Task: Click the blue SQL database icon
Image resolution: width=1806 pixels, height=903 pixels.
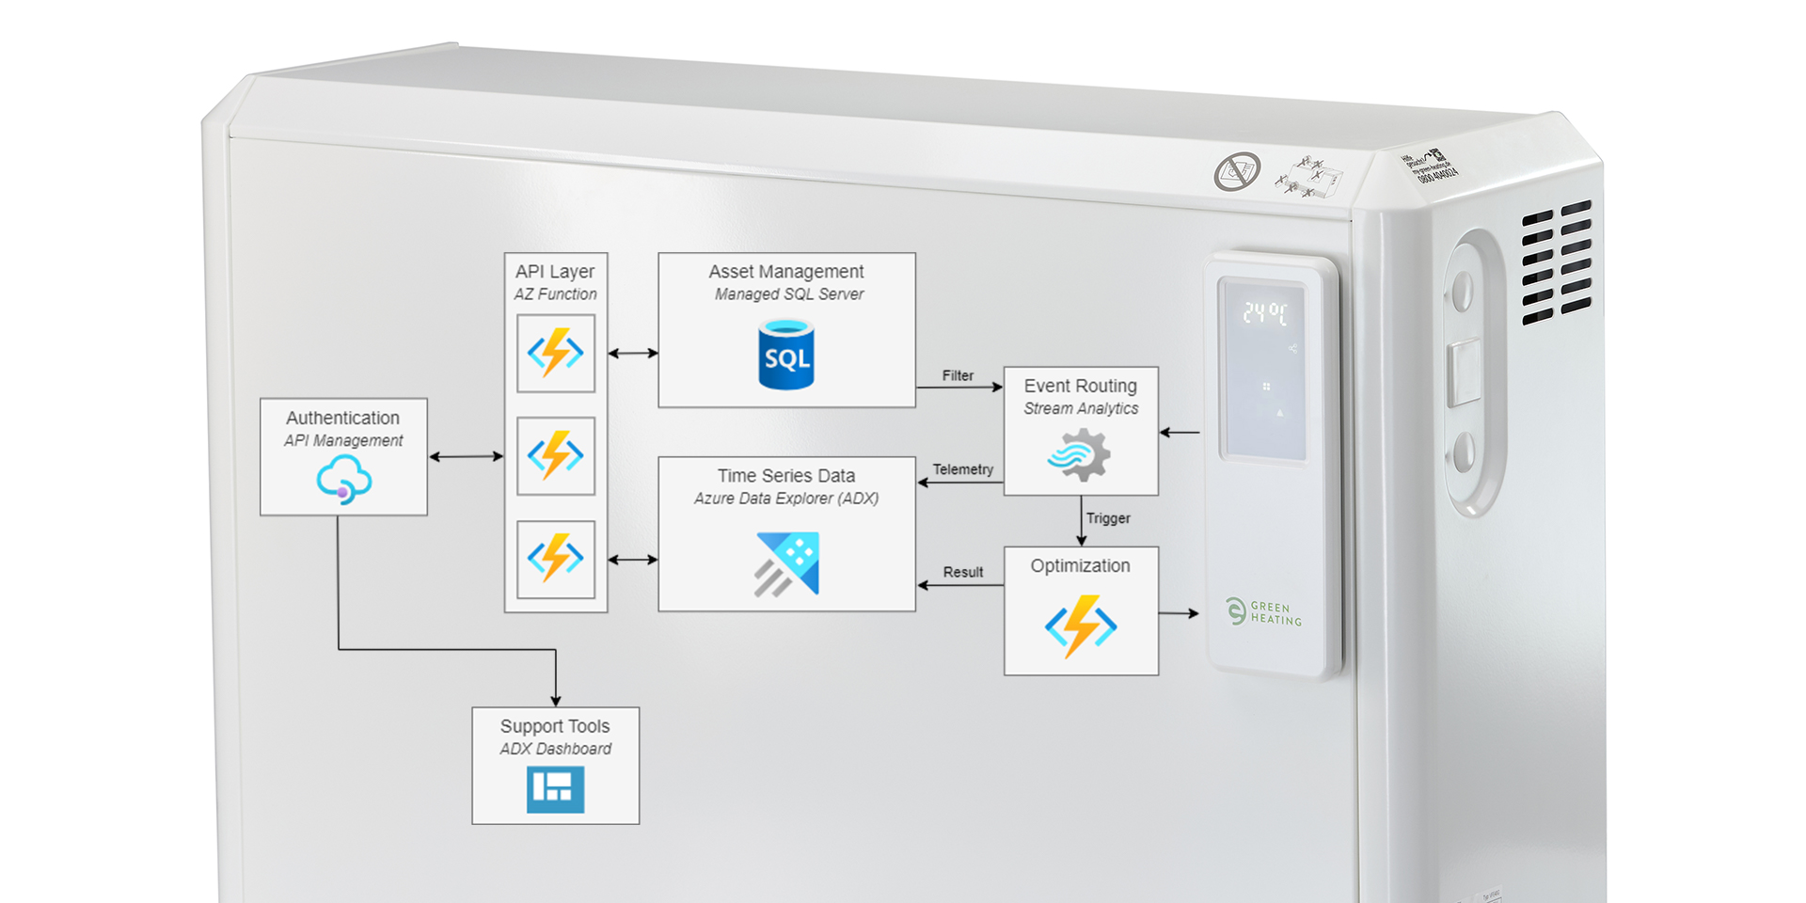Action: coord(786,355)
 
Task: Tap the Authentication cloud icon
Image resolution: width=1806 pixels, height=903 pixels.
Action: coord(343,479)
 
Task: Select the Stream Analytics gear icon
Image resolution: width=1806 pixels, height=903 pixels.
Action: coord(1080,455)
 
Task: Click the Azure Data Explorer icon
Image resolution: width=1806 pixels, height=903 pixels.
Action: coord(787,563)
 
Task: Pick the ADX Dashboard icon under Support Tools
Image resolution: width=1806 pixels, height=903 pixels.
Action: coord(555,788)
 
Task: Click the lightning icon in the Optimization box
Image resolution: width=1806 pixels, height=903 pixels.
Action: coord(1081,626)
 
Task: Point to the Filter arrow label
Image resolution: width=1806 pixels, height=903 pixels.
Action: coord(958,375)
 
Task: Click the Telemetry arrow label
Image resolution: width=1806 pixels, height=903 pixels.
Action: coord(962,469)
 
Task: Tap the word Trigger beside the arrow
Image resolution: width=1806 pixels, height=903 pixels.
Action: coord(1108,518)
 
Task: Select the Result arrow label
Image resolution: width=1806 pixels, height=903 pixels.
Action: coord(963,572)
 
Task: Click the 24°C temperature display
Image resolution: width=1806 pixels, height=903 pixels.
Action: coord(1264,313)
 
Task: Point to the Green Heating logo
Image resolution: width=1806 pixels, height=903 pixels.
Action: coord(1264,612)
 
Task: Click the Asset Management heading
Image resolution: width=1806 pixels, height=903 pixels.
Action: coord(786,271)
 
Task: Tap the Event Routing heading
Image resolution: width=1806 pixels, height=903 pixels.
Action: coord(1080,386)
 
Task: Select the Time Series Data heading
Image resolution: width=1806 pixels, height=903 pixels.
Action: coord(786,476)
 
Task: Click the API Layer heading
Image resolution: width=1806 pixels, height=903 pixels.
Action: coord(555,271)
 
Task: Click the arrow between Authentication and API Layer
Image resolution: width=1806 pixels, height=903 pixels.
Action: coord(466,456)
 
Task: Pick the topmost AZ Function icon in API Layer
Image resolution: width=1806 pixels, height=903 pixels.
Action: coord(555,353)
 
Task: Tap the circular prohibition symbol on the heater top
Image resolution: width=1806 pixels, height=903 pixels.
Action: coord(1237,171)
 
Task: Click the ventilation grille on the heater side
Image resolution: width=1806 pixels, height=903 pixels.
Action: coord(1556,261)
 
